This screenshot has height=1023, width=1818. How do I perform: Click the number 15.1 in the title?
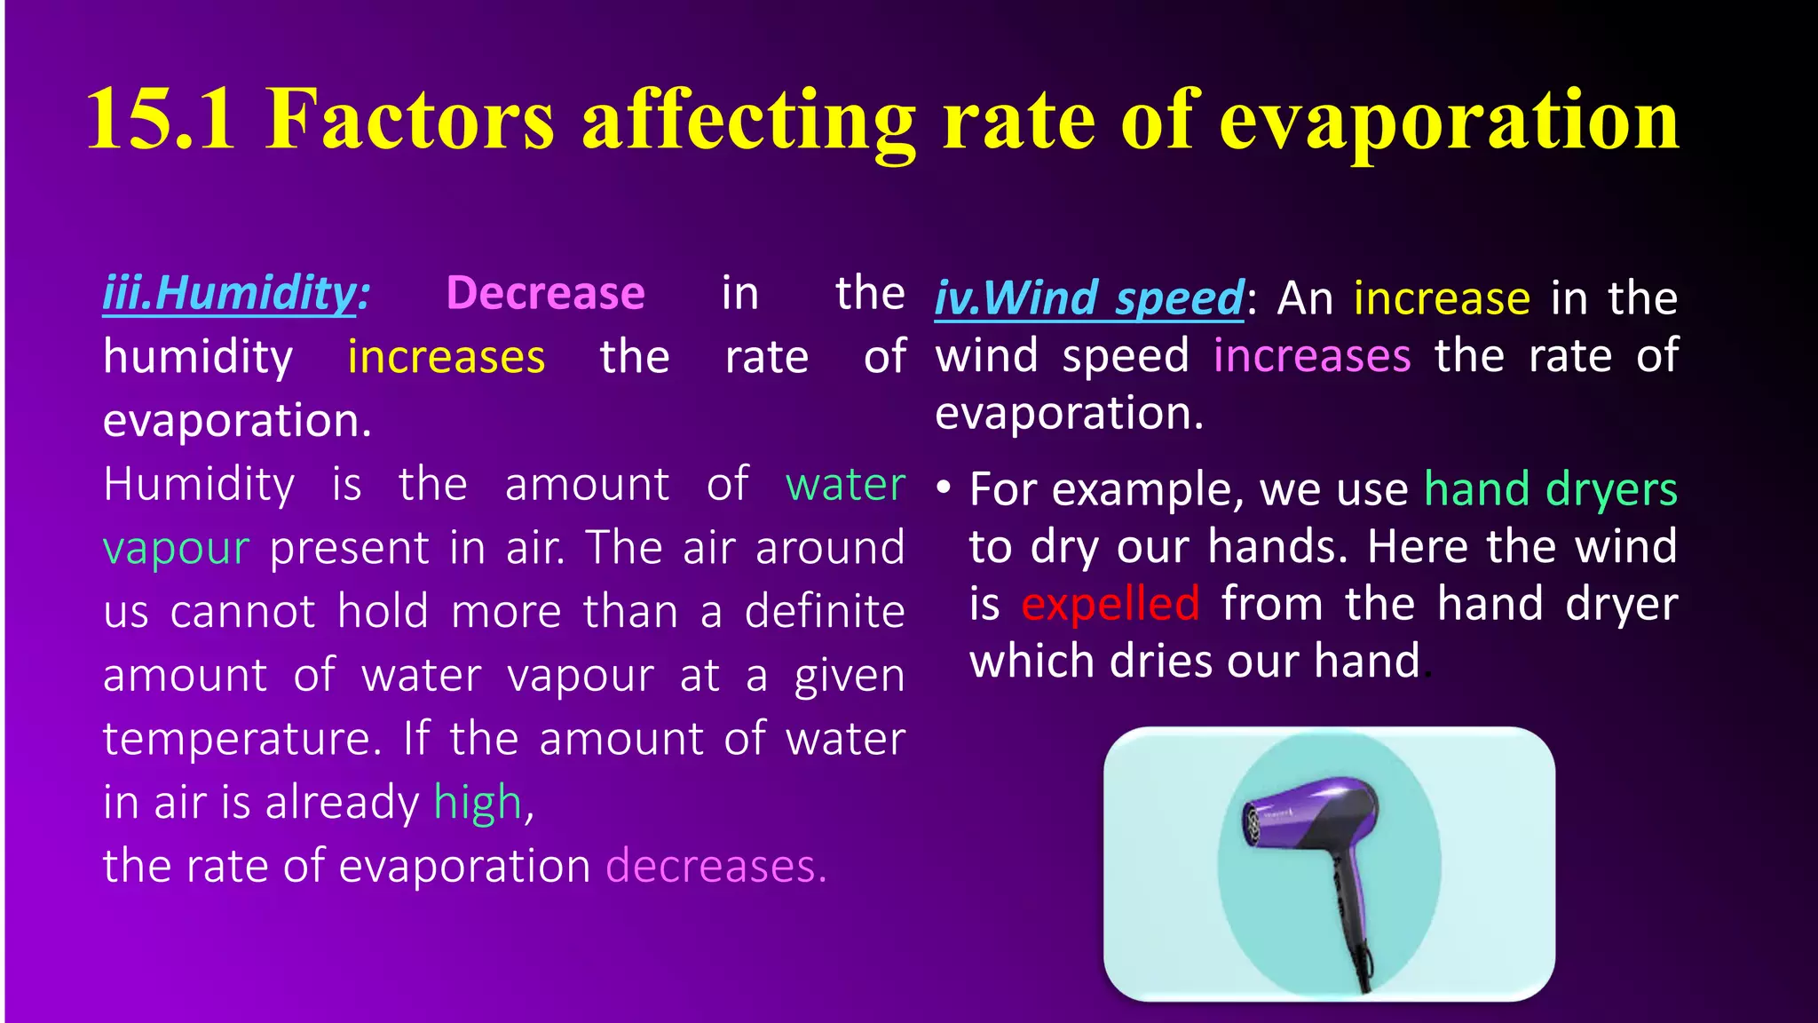pos(161,120)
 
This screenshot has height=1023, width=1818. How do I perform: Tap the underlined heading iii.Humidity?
pos(236,293)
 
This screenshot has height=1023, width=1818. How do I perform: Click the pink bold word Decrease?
pos(545,293)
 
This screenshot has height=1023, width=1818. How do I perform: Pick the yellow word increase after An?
pos(1442,298)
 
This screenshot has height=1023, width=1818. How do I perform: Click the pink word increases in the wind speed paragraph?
pos(1312,356)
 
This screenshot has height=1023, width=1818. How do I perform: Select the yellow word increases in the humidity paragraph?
pos(446,357)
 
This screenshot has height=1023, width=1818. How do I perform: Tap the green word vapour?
pos(176,548)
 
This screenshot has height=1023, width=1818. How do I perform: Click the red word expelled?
pos(1111,605)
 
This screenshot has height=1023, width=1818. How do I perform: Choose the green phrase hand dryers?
pos(1551,489)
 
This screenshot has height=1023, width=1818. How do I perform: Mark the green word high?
pos(478,803)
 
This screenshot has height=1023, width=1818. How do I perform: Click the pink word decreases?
pos(715,866)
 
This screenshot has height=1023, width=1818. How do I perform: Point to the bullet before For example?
pos(944,488)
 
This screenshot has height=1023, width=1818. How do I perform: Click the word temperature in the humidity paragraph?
pos(241,739)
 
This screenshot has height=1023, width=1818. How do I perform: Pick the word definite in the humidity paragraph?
pos(825,612)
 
